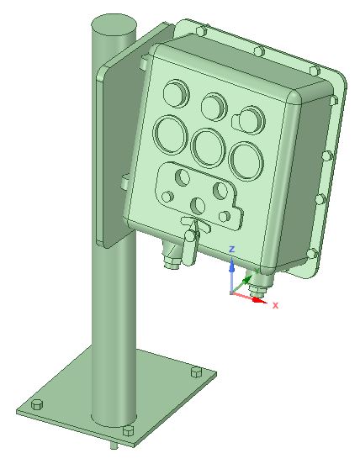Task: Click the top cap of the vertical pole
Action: pyautogui.click(x=114, y=25)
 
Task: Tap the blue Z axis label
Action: pyautogui.click(x=231, y=249)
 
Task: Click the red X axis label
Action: pyautogui.click(x=276, y=305)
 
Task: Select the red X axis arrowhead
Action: pyautogui.click(x=259, y=300)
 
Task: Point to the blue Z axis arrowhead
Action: pyautogui.click(x=231, y=266)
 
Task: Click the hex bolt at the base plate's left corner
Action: pyautogui.click(x=37, y=404)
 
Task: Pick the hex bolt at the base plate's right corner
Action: pyautogui.click(x=196, y=372)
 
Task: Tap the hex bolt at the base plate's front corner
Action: pyautogui.click(x=129, y=430)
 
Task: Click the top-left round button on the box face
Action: pyautogui.click(x=176, y=93)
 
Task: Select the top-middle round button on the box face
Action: pyautogui.click(x=214, y=107)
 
